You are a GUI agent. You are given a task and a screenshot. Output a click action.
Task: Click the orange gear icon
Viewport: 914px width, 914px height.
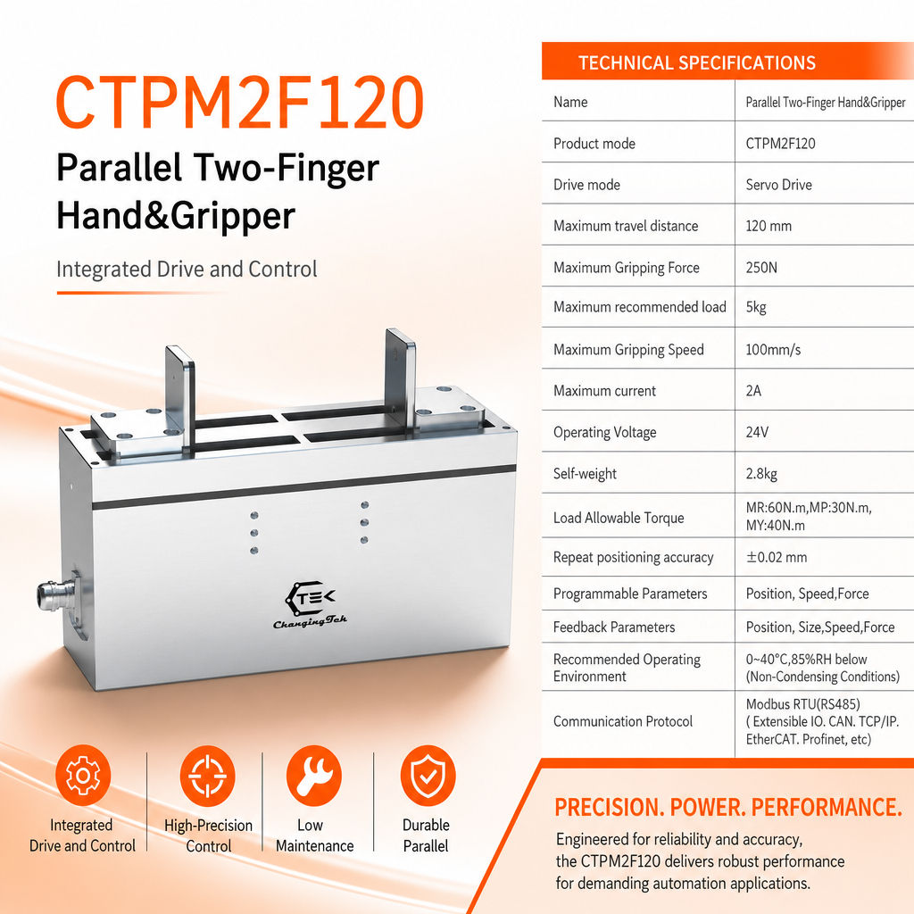pyautogui.click(x=83, y=776)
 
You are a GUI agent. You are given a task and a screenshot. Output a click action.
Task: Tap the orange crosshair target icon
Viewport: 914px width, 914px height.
pyautogui.click(x=207, y=776)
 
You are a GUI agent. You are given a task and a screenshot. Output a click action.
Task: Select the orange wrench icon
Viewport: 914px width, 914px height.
pyautogui.click(x=314, y=776)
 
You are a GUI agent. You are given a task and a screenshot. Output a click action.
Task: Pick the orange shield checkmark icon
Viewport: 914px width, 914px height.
pyautogui.click(x=428, y=776)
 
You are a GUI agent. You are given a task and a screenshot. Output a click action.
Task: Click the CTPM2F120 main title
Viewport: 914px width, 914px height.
pyautogui.click(x=239, y=103)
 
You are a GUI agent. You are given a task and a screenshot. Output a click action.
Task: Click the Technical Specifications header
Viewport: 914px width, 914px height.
pyautogui.click(x=696, y=62)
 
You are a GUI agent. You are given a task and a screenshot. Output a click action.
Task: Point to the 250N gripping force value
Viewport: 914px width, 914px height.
pyautogui.click(x=761, y=268)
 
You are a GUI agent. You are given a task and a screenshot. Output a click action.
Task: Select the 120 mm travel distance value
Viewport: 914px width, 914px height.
pyautogui.click(x=769, y=226)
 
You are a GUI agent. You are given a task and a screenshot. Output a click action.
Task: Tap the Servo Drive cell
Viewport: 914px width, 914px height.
pyautogui.click(x=778, y=185)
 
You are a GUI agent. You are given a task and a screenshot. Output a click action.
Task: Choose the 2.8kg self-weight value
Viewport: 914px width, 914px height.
pyautogui.click(x=761, y=473)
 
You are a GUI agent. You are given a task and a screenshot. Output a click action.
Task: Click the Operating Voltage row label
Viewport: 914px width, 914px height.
pyautogui.click(x=604, y=433)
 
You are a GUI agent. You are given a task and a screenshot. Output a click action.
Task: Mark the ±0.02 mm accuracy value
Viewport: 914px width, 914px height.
pyautogui.click(x=777, y=557)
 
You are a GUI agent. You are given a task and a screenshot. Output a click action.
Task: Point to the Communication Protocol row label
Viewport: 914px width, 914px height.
pyautogui.click(x=622, y=721)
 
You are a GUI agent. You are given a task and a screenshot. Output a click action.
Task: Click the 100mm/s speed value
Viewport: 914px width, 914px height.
pyautogui.click(x=773, y=350)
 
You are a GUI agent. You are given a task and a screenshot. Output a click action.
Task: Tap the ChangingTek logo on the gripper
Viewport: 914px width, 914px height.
pyautogui.click(x=310, y=604)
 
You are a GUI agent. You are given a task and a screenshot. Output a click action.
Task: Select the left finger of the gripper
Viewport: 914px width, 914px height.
pyautogui.click(x=179, y=396)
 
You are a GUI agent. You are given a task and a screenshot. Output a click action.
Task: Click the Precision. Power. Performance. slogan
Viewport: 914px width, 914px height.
pyautogui.click(x=728, y=807)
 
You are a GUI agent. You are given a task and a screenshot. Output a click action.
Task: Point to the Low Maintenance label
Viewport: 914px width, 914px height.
pyautogui.click(x=315, y=835)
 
